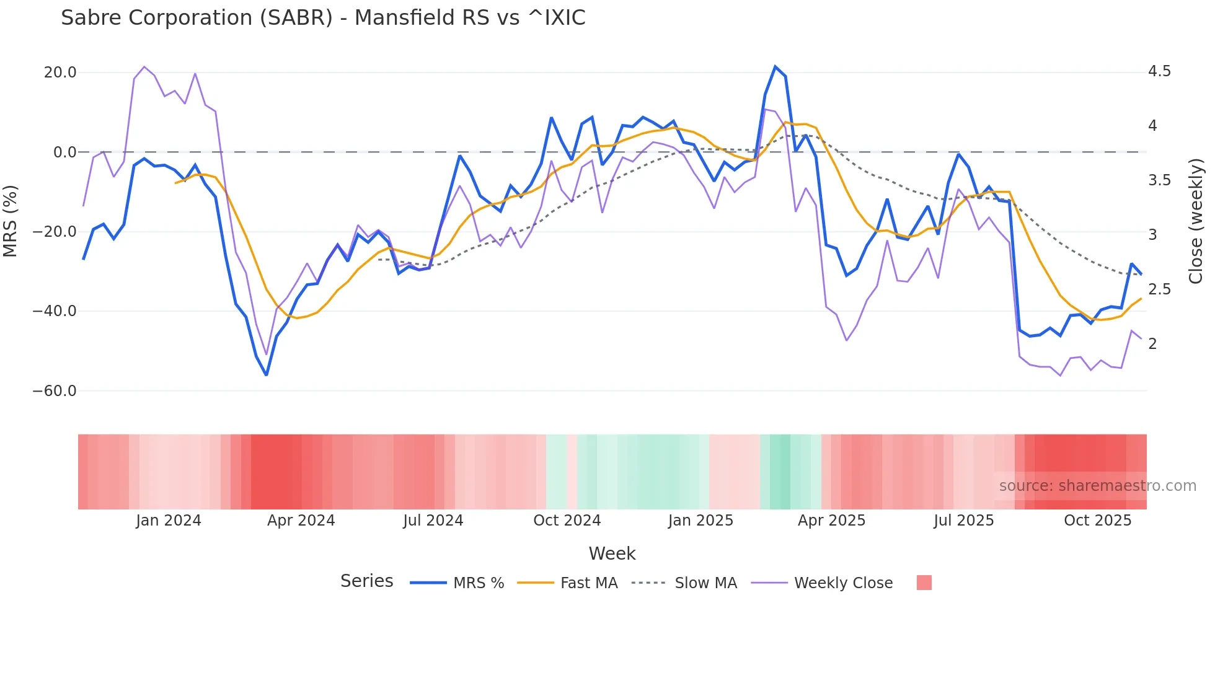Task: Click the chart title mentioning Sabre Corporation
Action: [323, 18]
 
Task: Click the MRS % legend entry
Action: [478, 583]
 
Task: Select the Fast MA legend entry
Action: [588, 583]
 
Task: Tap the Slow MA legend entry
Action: [705, 583]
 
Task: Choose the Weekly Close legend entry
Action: [843, 583]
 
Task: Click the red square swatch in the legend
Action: [924, 583]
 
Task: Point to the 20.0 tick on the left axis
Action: [60, 73]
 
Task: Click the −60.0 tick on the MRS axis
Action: [55, 391]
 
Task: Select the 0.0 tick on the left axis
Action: [65, 152]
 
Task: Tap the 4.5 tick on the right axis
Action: [1159, 72]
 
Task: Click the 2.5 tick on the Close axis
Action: [1159, 289]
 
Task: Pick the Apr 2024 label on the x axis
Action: [301, 521]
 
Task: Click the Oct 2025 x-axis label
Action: [1097, 521]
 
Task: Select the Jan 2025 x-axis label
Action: [700, 521]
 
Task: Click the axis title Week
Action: [612, 553]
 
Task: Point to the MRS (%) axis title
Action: [10, 221]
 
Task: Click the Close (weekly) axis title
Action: [1196, 221]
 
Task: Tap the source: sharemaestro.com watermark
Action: [1097, 486]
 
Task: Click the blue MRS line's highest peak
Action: [775, 66]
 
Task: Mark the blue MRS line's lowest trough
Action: [267, 375]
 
